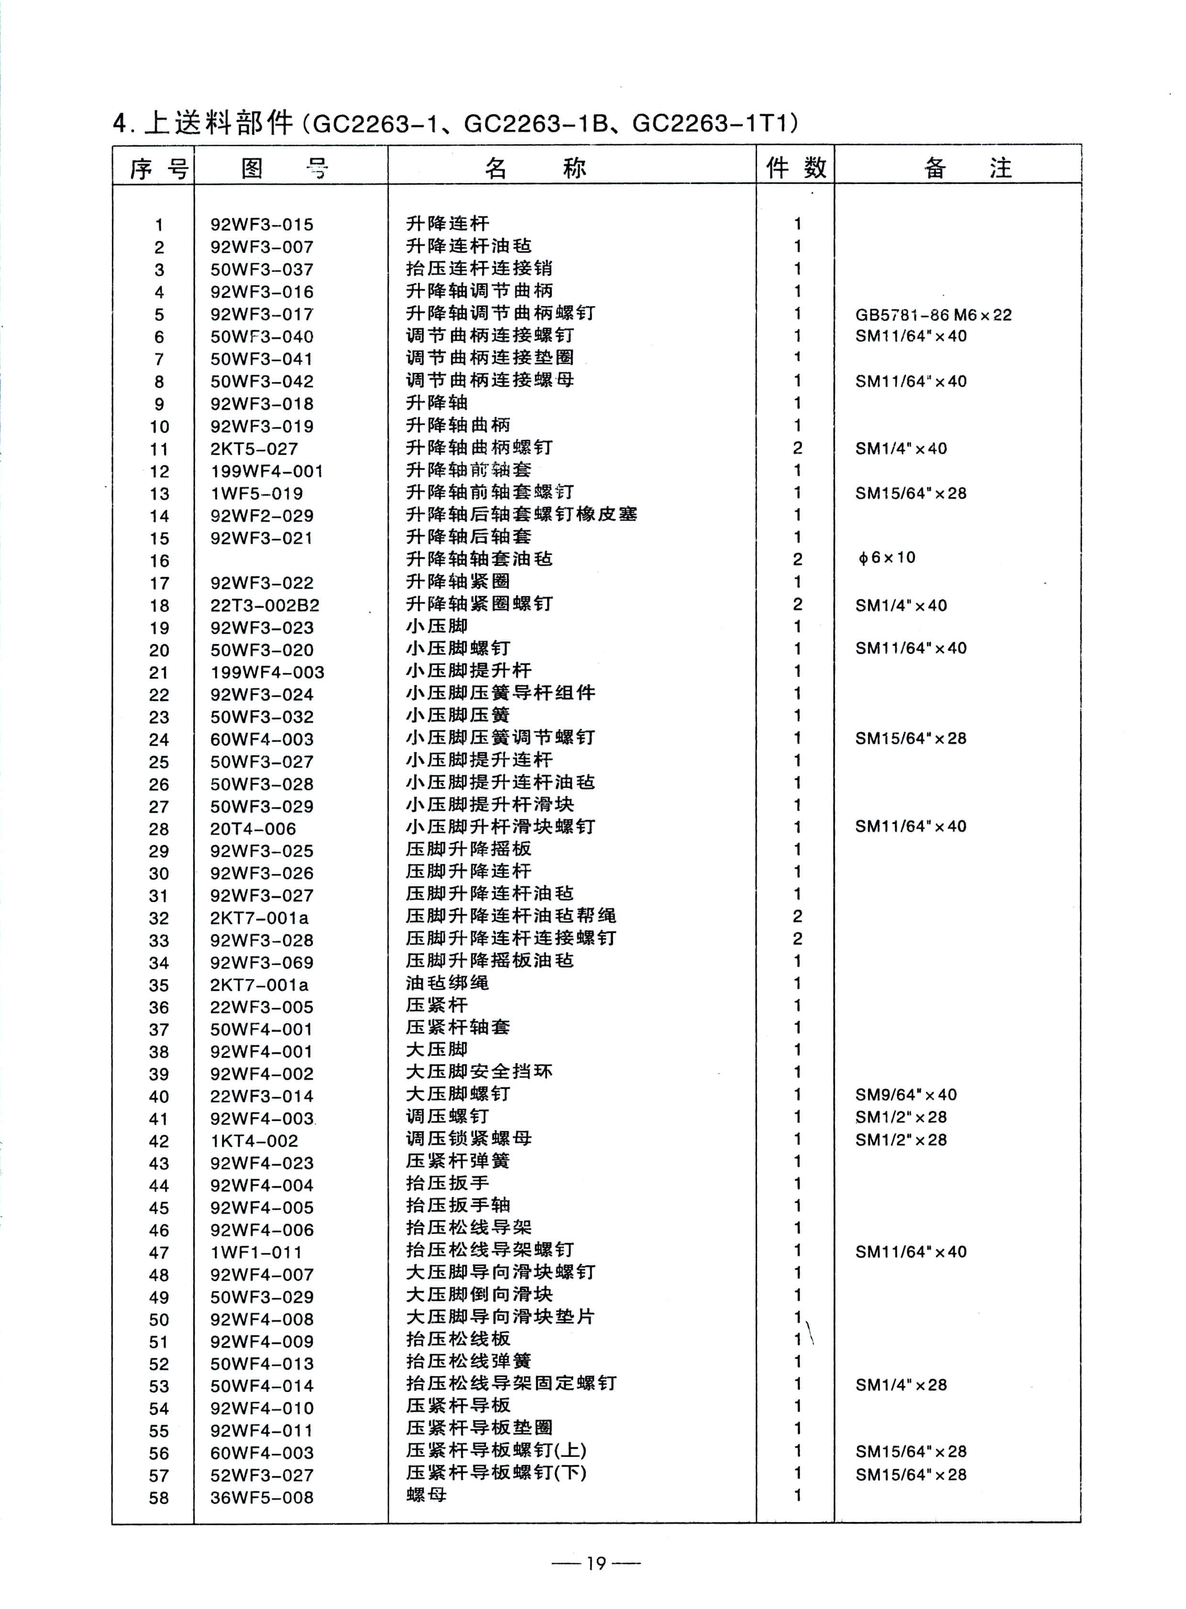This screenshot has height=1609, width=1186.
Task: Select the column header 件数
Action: tap(795, 169)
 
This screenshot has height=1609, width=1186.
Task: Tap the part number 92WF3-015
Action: tap(261, 225)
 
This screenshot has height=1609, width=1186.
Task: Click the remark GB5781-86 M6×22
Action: tap(933, 315)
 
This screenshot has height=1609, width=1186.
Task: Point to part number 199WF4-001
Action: tap(266, 471)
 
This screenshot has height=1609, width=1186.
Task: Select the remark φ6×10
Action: tap(887, 558)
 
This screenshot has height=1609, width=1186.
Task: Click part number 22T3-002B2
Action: tap(264, 606)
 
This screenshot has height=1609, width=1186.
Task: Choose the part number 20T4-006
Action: tap(253, 829)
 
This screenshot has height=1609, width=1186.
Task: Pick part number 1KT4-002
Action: tap(253, 1141)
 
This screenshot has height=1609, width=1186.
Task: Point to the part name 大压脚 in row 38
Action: tap(437, 1050)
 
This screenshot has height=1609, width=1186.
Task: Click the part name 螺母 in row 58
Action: tap(427, 1495)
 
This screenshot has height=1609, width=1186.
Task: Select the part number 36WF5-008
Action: tap(261, 1498)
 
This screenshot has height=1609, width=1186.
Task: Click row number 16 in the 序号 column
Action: tap(159, 561)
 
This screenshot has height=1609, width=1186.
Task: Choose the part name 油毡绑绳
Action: tap(447, 982)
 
